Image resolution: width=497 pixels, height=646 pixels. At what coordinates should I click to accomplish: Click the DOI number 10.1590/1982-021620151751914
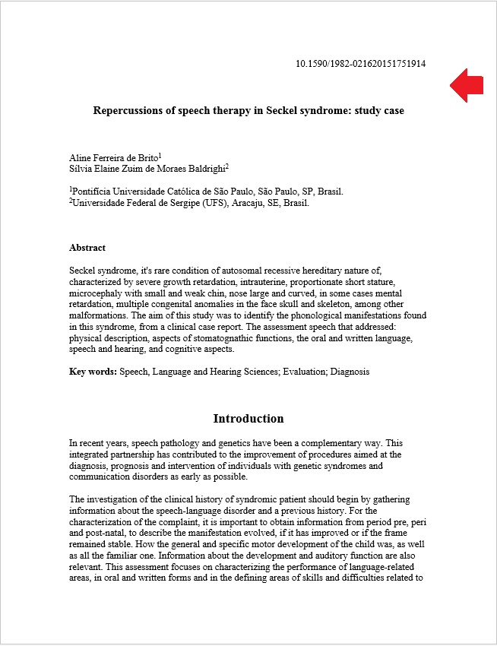[x=360, y=64]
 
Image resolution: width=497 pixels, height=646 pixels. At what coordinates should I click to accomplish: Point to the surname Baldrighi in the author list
[x=204, y=169]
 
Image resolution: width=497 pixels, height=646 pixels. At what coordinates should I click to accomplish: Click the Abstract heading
[x=87, y=248]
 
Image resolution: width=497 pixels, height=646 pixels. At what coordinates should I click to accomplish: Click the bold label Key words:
[x=93, y=372]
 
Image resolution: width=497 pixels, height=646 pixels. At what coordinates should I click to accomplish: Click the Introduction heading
[x=248, y=419]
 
